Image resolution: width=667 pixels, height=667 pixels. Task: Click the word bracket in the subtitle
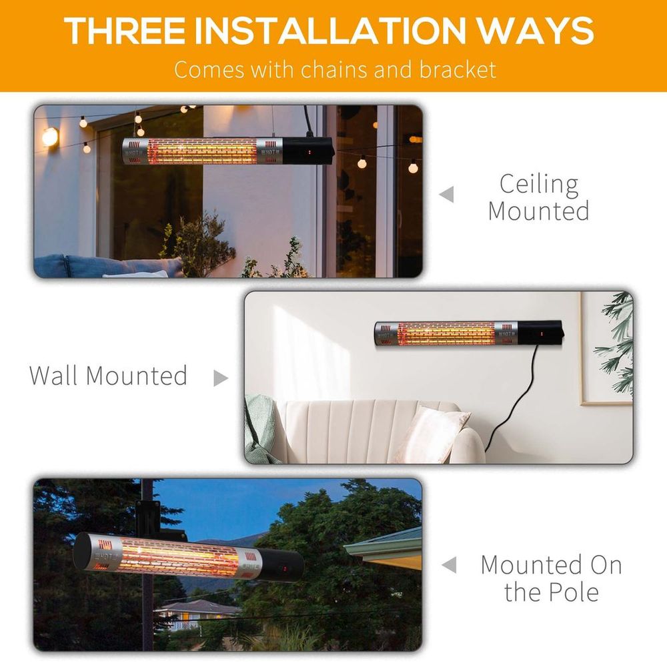[x=460, y=69]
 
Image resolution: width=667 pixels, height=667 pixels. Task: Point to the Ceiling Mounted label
[x=539, y=197]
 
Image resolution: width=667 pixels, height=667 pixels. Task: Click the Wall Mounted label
[x=108, y=376]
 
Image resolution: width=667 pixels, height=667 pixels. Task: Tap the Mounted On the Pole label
[x=551, y=578]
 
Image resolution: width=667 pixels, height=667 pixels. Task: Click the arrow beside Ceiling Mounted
[x=447, y=195]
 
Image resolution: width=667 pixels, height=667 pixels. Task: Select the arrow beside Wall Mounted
[x=220, y=378]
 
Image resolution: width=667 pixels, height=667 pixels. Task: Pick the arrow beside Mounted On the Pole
[x=449, y=566]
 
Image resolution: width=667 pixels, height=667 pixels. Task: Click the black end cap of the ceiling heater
[x=307, y=151]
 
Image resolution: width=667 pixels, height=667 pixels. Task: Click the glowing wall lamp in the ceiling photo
[x=50, y=137]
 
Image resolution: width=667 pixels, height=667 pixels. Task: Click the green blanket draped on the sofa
[x=259, y=427]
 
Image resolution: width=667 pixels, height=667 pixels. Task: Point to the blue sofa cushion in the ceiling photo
[x=107, y=266]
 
